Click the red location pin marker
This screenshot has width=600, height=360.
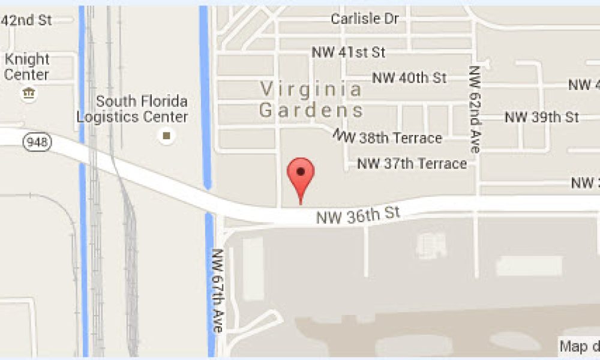(301, 174)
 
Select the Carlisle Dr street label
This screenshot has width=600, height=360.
(365, 19)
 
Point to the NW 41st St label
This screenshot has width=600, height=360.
(349, 52)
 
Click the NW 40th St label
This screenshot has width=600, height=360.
(410, 78)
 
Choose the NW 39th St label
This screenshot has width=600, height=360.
(542, 116)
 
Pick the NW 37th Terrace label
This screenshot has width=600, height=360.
(412, 163)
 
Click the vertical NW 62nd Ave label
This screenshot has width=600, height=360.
(475, 109)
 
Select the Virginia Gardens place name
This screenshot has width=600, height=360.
(311, 100)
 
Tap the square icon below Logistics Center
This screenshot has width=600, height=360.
(166, 136)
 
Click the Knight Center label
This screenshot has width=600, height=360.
(27, 67)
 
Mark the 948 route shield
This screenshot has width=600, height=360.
(38, 142)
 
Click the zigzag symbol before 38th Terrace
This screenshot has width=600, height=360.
(344, 136)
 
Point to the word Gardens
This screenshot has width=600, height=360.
(311, 110)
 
